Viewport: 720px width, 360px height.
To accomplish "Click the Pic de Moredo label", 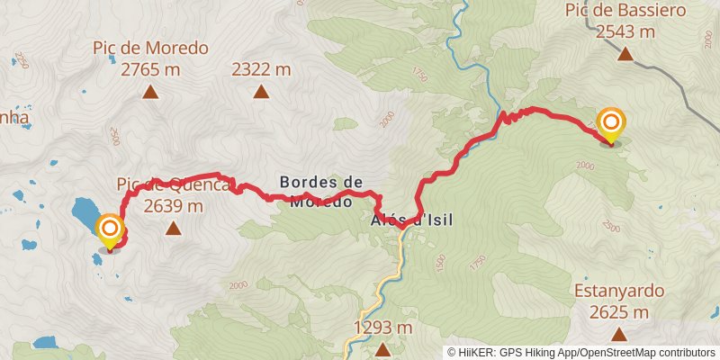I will (150, 48).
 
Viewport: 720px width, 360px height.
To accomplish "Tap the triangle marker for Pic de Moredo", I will (150, 91).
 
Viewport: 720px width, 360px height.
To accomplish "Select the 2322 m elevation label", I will (261, 68).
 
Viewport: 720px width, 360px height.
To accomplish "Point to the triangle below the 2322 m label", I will (261, 91).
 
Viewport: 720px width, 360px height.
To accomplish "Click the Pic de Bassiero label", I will (625, 11).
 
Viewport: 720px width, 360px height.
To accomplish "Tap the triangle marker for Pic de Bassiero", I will (625, 54).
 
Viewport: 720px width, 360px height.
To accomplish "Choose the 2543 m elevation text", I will (625, 31).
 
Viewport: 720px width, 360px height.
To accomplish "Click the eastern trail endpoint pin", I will (611, 123).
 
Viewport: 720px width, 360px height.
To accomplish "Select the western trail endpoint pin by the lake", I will (110, 229).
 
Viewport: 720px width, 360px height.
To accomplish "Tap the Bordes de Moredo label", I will (321, 191).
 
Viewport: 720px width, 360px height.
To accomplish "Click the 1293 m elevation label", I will (382, 327).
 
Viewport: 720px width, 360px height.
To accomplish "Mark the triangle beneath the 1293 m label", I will (382, 348).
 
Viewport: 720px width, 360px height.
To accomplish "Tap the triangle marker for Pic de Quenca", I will (172, 229).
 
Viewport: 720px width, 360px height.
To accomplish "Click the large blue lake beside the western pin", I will (86, 212).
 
